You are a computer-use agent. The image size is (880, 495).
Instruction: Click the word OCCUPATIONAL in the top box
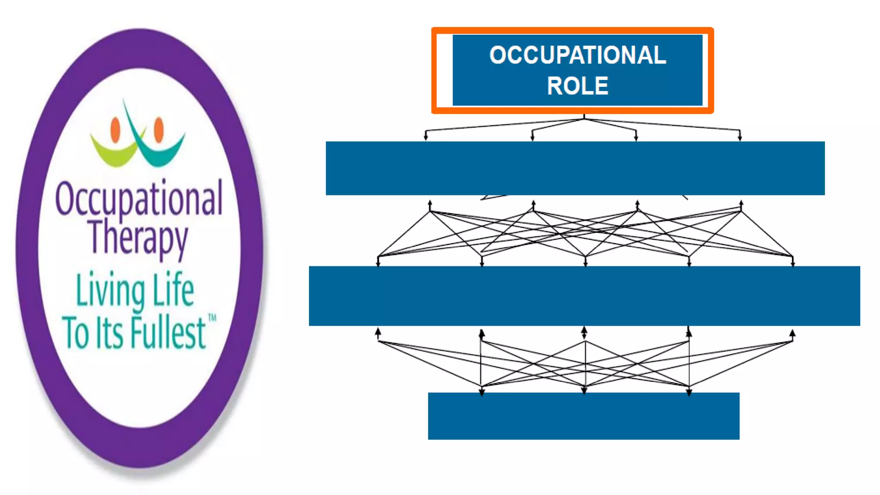tap(577, 55)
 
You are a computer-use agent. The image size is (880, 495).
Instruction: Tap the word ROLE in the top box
tap(577, 86)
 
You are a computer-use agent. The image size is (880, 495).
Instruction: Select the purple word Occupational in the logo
tap(139, 199)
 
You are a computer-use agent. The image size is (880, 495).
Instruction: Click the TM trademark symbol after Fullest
tap(212, 318)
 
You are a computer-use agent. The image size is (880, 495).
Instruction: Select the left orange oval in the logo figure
tap(115, 130)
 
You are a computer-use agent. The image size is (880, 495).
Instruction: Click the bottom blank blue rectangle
tap(584, 416)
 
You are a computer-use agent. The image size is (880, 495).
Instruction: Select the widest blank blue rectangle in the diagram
tap(584, 296)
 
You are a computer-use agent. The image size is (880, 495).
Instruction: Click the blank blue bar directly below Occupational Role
tap(575, 168)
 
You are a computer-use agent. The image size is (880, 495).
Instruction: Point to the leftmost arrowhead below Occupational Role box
tap(426, 137)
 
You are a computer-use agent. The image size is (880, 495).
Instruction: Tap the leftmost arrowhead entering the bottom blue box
tap(482, 391)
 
